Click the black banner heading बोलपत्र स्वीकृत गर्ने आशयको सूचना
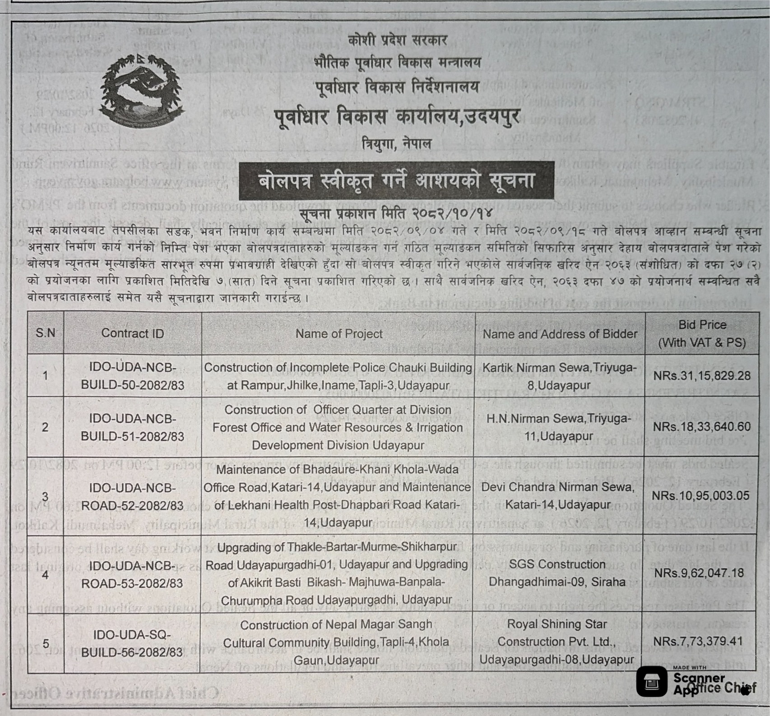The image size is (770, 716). [396, 181]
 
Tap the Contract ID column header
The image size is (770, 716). [132, 333]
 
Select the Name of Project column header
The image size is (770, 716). [339, 333]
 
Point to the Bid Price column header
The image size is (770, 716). [702, 333]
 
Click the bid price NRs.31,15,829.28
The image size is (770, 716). [702, 376]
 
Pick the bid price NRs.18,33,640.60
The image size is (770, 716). [702, 427]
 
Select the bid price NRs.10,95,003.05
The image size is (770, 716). [700, 496]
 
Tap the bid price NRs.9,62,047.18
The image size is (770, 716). [699, 573]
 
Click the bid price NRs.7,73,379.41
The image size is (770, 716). [698, 641]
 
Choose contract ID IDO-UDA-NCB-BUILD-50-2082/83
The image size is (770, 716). [132, 376]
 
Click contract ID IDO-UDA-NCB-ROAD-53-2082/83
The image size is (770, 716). [132, 574]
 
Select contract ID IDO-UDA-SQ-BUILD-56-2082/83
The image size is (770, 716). [132, 643]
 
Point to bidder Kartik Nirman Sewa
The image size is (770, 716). [559, 376]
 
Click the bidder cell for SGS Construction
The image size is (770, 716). [557, 573]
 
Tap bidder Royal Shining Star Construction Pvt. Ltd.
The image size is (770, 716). [557, 642]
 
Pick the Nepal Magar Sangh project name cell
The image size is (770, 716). [336, 642]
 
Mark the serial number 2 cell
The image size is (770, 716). [45, 427]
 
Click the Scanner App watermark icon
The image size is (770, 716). [651, 681]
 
